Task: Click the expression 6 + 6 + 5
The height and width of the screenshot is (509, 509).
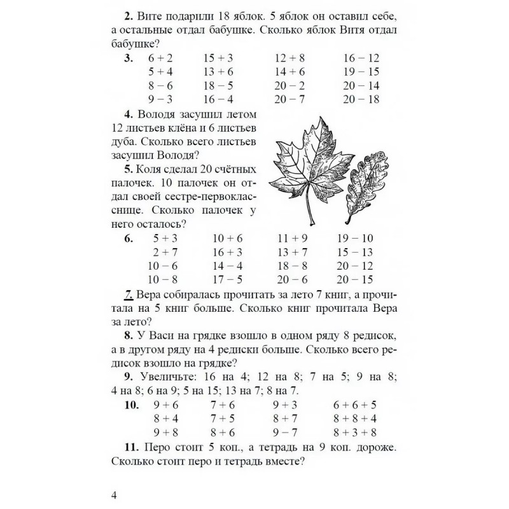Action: coord(355,405)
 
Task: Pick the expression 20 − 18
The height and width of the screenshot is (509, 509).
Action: coord(361,99)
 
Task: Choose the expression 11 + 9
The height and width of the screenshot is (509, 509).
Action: coord(293,239)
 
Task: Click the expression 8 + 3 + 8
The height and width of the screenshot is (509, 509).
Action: coord(355,433)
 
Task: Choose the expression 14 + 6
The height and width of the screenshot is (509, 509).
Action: coord(289,72)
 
